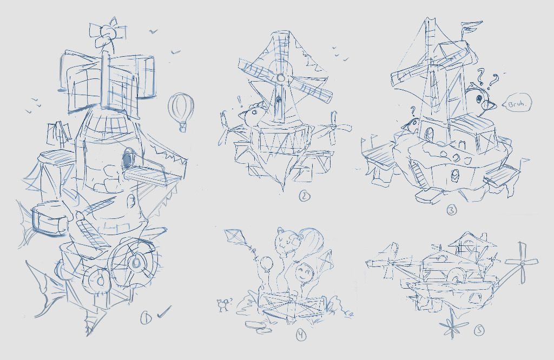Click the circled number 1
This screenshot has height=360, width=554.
pyautogui.click(x=146, y=318)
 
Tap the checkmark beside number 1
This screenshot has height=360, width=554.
pyautogui.click(x=164, y=312)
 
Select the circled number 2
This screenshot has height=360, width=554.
pyautogui.click(x=304, y=196)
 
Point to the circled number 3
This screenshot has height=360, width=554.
pyautogui.click(x=452, y=210)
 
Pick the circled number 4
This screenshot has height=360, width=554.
pyautogui.click(x=301, y=335)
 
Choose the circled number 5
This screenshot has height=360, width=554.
pyautogui.click(x=479, y=330)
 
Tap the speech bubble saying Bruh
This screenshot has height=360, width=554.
pyautogui.click(x=517, y=103)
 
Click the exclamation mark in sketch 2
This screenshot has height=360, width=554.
pyautogui.click(x=240, y=101)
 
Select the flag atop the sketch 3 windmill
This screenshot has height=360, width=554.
pyautogui.click(x=471, y=28)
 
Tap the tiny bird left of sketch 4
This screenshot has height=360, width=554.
pyautogui.click(x=223, y=304)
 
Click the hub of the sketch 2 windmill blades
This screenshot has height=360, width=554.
pyautogui.click(x=281, y=77)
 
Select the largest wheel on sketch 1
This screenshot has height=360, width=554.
pyautogui.click(x=134, y=262)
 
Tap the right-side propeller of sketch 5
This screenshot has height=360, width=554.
pyautogui.click(x=522, y=263)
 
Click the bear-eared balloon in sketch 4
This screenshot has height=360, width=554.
pyautogui.click(x=286, y=242)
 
